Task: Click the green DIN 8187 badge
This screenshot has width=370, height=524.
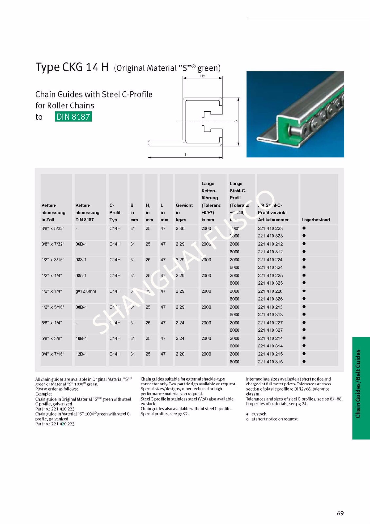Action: click(x=73, y=117)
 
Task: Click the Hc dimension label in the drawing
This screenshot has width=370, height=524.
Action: click(x=202, y=76)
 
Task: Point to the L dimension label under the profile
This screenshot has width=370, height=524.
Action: click(x=186, y=155)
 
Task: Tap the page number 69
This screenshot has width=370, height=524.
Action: click(x=340, y=513)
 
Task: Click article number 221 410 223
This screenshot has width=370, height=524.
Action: click(x=270, y=228)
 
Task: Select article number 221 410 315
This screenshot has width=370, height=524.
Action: click(x=270, y=362)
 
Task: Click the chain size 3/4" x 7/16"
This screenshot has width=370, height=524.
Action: click(x=53, y=354)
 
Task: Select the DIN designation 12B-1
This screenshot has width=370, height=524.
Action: click(x=81, y=354)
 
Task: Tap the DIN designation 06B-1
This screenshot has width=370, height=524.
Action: click(x=81, y=244)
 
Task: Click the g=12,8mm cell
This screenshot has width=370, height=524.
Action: click(x=85, y=291)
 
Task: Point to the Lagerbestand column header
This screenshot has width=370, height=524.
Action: click(x=315, y=220)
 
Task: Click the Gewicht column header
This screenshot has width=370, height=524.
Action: click(x=184, y=205)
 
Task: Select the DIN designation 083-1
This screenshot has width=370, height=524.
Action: click(x=81, y=260)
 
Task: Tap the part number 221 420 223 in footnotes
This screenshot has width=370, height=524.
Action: click(x=63, y=424)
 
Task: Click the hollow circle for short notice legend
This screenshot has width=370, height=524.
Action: click(x=247, y=419)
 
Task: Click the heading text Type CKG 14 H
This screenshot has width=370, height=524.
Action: click(x=72, y=67)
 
